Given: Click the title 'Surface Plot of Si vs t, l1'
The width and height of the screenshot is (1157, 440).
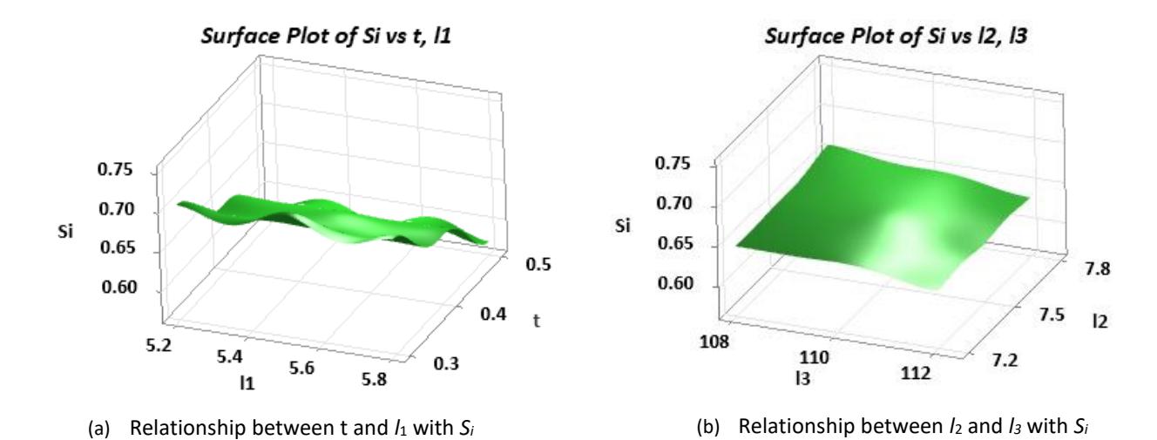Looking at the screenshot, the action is (x=326, y=37).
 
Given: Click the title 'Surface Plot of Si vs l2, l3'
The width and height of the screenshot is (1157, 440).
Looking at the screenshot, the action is (x=896, y=37).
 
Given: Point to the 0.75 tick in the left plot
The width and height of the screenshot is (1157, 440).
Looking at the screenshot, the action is (x=115, y=169).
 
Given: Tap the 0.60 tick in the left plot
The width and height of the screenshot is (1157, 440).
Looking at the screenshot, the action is (x=119, y=287).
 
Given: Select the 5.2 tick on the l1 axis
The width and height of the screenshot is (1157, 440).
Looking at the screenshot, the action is (x=159, y=345).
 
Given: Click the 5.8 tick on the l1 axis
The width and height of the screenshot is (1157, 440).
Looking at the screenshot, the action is (x=374, y=380).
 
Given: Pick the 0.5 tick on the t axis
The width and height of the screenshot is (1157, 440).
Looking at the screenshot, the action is (x=538, y=264).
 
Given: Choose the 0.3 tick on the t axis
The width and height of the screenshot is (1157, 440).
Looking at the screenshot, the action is (x=446, y=363).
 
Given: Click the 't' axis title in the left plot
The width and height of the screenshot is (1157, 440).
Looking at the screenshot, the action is (x=537, y=321).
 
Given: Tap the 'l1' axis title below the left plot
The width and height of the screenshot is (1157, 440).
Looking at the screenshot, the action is (x=247, y=383).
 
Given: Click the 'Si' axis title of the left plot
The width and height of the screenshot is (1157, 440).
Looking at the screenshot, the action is (x=65, y=232).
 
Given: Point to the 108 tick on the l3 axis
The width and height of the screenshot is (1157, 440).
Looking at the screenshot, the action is (x=714, y=342).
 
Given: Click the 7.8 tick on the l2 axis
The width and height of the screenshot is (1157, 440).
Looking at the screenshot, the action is (x=1097, y=268).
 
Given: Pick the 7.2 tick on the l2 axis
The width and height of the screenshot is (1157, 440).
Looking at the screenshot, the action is (x=1005, y=360).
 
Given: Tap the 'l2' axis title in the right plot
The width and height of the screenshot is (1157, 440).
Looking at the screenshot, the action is (x=1100, y=322).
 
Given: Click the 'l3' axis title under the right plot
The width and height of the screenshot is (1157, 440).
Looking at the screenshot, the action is (x=802, y=379).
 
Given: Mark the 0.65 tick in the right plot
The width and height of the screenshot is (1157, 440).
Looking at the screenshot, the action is (x=675, y=243).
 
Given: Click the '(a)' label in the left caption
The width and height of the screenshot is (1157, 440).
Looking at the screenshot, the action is (x=99, y=428).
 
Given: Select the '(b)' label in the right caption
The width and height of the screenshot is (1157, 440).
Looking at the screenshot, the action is (x=708, y=427).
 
